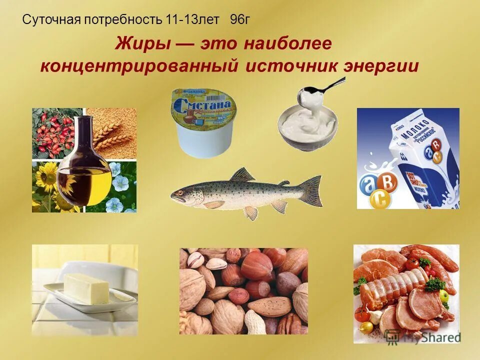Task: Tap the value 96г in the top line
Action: coord(239,19)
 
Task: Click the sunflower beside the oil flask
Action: coord(47,182)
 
